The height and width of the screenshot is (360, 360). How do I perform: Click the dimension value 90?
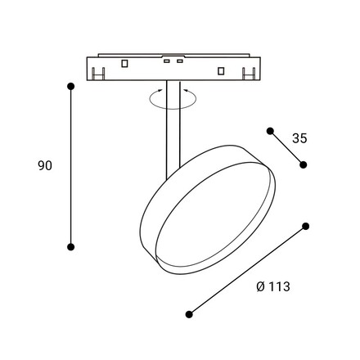pyautogui.click(x=45, y=165)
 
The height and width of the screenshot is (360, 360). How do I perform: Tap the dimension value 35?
pyautogui.click(x=299, y=138)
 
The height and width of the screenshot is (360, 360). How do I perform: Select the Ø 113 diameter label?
pyautogui.click(x=273, y=286)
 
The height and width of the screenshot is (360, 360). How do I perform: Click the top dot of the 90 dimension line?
pyautogui.click(x=71, y=87)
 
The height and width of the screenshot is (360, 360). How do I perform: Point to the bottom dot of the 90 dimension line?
pyautogui.click(x=71, y=247)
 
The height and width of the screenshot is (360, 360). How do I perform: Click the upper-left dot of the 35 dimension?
pyautogui.click(x=270, y=131)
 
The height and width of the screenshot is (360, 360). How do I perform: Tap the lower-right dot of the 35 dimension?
pyautogui.click(x=303, y=164)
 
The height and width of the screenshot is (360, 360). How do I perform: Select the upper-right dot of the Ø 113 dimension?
pyautogui.click(x=306, y=226)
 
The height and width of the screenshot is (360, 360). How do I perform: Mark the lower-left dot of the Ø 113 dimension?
pyautogui.click(x=189, y=314)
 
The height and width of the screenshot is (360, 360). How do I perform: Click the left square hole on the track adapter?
pyautogui.click(x=124, y=63)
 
